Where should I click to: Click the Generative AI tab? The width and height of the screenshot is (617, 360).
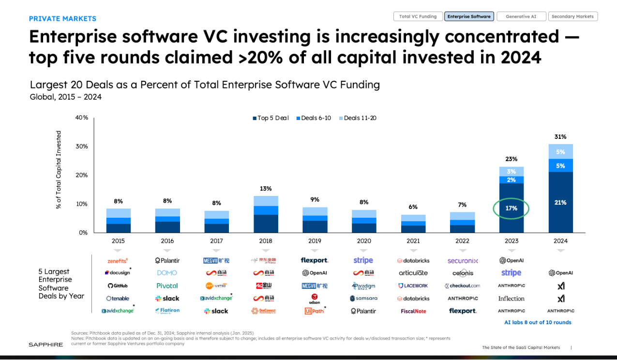click(x=521, y=16)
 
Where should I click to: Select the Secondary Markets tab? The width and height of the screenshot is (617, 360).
click(x=572, y=16)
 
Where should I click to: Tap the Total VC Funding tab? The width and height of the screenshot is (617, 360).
click(x=418, y=16)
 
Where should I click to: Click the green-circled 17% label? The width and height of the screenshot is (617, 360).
click(x=511, y=209)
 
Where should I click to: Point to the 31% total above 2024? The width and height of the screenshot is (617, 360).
click(x=560, y=137)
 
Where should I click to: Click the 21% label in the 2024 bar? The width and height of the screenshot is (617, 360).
click(x=560, y=202)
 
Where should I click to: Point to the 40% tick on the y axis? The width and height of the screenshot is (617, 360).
click(x=81, y=118)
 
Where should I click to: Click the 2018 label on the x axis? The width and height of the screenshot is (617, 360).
click(x=266, y=241)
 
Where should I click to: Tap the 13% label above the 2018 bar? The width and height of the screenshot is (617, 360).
click(x=266, y=189)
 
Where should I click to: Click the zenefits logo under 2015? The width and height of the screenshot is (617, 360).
click(x=118, y=261)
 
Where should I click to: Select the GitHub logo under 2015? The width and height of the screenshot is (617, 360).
click(x=118, y=286)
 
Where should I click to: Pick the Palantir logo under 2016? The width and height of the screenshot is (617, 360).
click(x=167, y=261)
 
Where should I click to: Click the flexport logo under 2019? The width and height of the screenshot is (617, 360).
click(x=315, y=260)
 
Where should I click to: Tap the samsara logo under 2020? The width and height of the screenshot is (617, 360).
click(x=363, y=299)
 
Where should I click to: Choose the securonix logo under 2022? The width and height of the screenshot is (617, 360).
click(x=463, y=261)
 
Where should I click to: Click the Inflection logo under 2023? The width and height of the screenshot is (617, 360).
click(x=512, y=299)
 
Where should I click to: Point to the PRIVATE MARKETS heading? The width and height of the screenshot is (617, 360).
click(x=62, y=19)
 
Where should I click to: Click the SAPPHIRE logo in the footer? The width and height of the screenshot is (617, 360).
click(x=45, y=345)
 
